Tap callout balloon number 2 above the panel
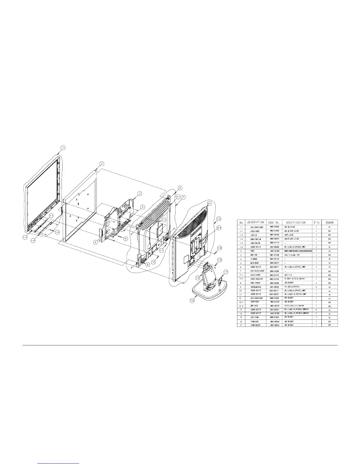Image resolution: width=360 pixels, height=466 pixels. (101, 164)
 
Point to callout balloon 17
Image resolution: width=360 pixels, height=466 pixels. (226, 272)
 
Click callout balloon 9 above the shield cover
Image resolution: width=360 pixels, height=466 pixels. (180, 187)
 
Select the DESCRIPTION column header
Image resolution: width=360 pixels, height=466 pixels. (256, 223)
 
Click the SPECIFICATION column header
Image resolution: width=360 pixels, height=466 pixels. (296, 223)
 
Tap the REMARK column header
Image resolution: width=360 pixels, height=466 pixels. (329, 223)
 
